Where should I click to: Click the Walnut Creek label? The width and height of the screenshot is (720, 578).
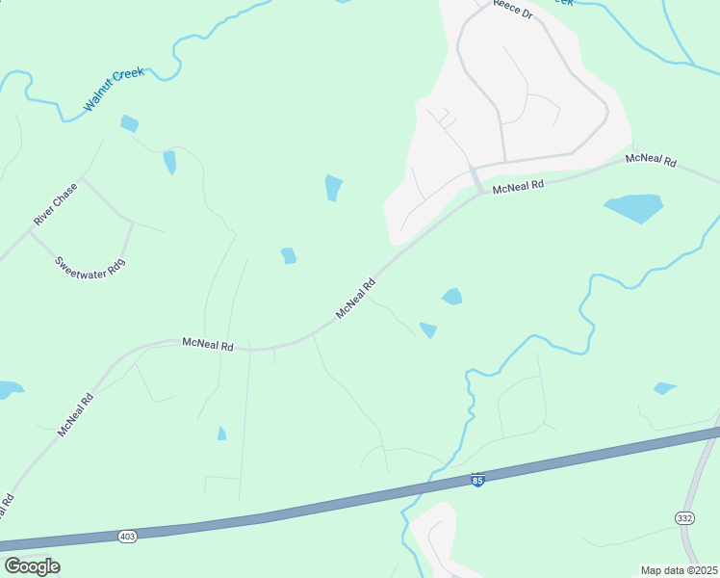click(114, 90)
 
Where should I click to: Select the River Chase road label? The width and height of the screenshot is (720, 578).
click(55, 204)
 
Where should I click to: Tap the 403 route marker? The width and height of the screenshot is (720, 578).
click(127, 536)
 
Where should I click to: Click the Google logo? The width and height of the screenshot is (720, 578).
click(32, 565)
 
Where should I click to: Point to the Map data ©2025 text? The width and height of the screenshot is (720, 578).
click(679, 570)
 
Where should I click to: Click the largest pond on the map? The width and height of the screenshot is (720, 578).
click(632, 207)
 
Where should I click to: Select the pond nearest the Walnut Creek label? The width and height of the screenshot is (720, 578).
click(129, 123)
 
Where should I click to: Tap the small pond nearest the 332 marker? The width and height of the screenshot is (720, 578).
click(664, 388)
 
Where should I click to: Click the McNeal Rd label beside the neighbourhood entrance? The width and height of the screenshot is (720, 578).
click(518, 185)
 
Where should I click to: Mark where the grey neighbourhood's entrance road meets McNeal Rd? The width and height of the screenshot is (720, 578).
click(478, 189)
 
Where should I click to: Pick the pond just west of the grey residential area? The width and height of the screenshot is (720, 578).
click(334, 187)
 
